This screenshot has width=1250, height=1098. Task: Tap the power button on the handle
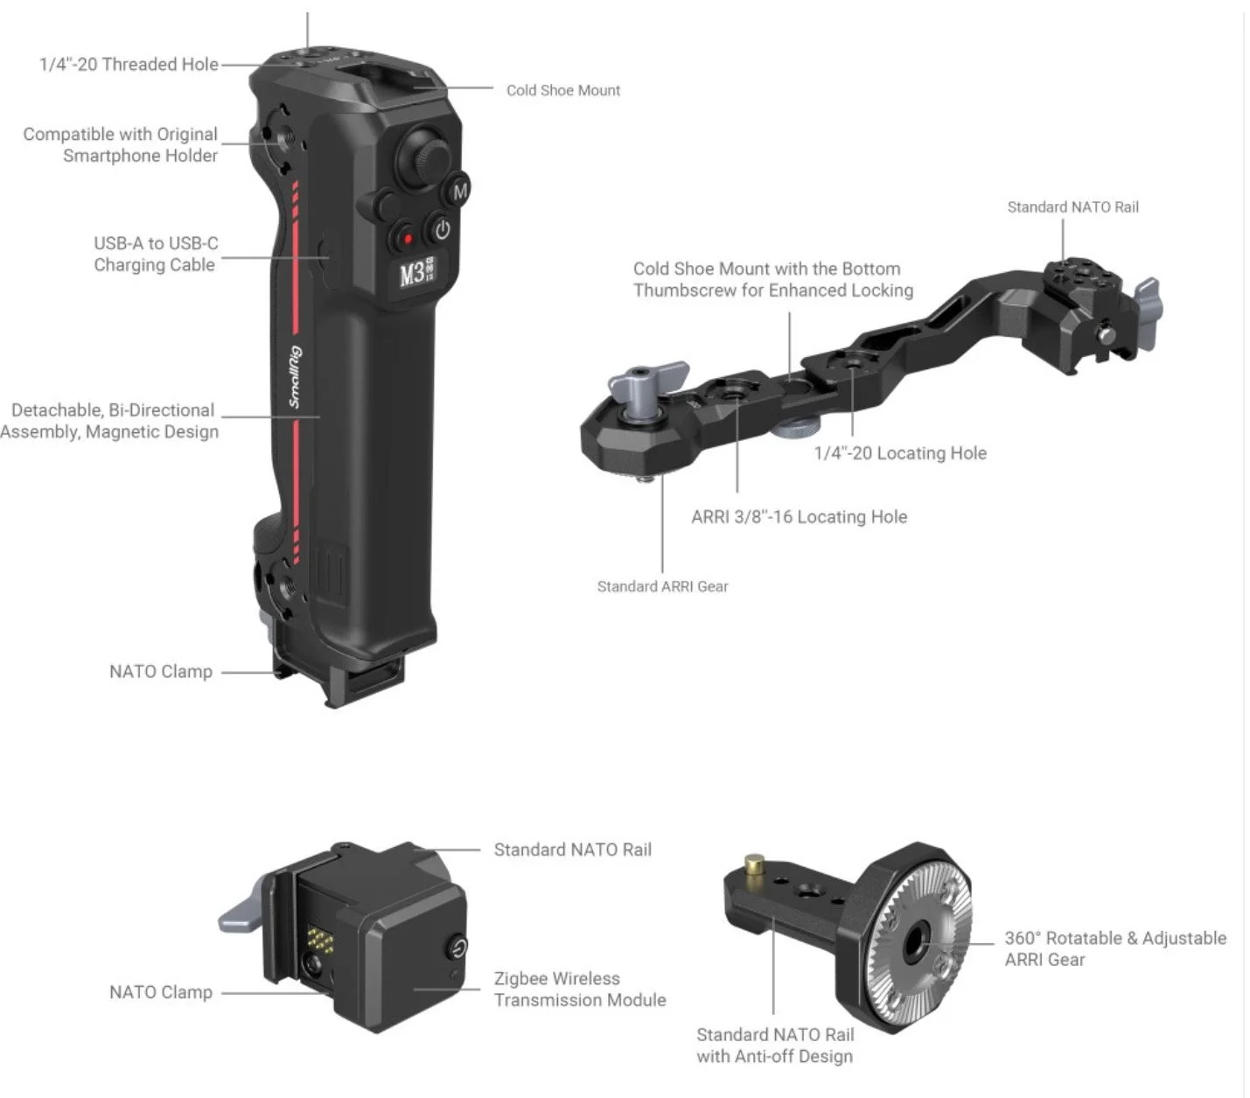(442, 230)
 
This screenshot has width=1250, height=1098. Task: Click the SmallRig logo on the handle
(297, 376)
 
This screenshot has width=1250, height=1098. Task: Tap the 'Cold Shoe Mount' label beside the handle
(562, 90)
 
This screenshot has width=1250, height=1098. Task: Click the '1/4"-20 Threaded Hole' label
(129, 64)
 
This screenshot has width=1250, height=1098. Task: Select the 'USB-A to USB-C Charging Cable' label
(156, 254)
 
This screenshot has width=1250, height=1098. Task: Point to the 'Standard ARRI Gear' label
(662, 586)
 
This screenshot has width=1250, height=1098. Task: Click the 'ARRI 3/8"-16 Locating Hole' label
(799, 516)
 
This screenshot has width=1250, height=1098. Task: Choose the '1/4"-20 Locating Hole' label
(900, 453)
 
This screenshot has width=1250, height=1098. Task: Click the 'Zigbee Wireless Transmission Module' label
(580, 989)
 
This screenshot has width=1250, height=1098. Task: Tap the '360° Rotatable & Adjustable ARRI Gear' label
(1115, 948)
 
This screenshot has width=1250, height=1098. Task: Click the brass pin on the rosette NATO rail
(754, 864)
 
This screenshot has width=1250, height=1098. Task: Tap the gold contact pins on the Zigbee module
(320, 940)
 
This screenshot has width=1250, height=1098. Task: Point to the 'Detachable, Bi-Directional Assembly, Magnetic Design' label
(110, 421)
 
